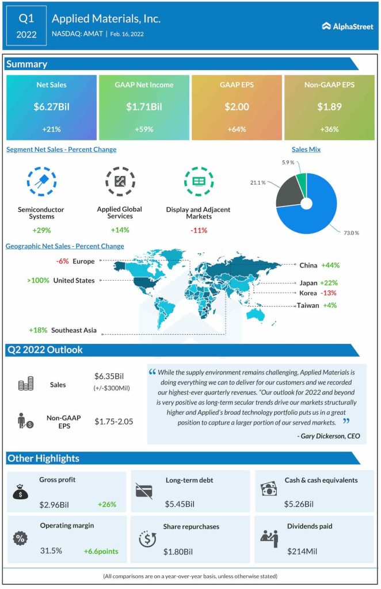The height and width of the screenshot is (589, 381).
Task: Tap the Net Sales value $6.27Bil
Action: (x=51, y=106)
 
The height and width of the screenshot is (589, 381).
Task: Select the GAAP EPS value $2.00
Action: (x=236, y=106)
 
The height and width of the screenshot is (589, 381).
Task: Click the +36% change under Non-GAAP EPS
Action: (x=329, y=129)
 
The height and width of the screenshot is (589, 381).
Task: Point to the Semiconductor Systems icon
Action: (x=41, y=181)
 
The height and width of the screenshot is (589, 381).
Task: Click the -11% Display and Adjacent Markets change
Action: (x=199, y=230)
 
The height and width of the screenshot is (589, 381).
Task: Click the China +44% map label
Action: (x=319, y=266)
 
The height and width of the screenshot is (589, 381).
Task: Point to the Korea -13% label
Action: (x=317, y=293)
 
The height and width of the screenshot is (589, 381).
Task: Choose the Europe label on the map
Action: (x=83, y=262)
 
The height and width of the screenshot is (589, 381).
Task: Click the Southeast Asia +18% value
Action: (x=38, y=331)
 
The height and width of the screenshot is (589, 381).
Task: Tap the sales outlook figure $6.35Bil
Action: (x=111, y=376)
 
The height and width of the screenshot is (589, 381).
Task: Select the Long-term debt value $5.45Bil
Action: (x=180, y=504)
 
